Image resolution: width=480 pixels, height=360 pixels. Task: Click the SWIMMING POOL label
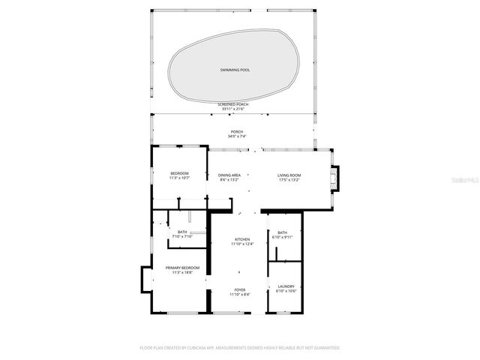tap(235, 70)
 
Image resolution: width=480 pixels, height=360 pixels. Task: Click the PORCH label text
tap(236, 132)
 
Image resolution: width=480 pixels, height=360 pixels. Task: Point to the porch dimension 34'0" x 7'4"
tap(236, 136)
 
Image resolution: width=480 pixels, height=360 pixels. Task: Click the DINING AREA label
tap(229, 175)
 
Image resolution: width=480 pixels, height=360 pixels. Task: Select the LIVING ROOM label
tap(289, 175)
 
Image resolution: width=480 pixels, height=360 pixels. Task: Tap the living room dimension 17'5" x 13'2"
tap(289, 179)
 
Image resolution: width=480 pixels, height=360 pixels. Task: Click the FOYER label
tap(239, 289)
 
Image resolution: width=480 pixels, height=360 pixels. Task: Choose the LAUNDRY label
tap(286, 286)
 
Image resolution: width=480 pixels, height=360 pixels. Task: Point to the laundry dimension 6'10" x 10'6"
tap(286, 290)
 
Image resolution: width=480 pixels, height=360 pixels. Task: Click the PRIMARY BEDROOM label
tap(182, 268)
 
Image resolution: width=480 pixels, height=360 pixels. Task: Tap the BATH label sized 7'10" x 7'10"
tap(182, 232)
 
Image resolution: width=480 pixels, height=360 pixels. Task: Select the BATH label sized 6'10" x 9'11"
tap(282, 232)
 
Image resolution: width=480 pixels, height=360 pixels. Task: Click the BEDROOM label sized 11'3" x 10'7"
tap(179, 173)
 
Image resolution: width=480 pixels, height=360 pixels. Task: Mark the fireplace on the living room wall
tap(334, 178)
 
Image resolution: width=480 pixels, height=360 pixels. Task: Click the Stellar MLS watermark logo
tap(466, 180)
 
